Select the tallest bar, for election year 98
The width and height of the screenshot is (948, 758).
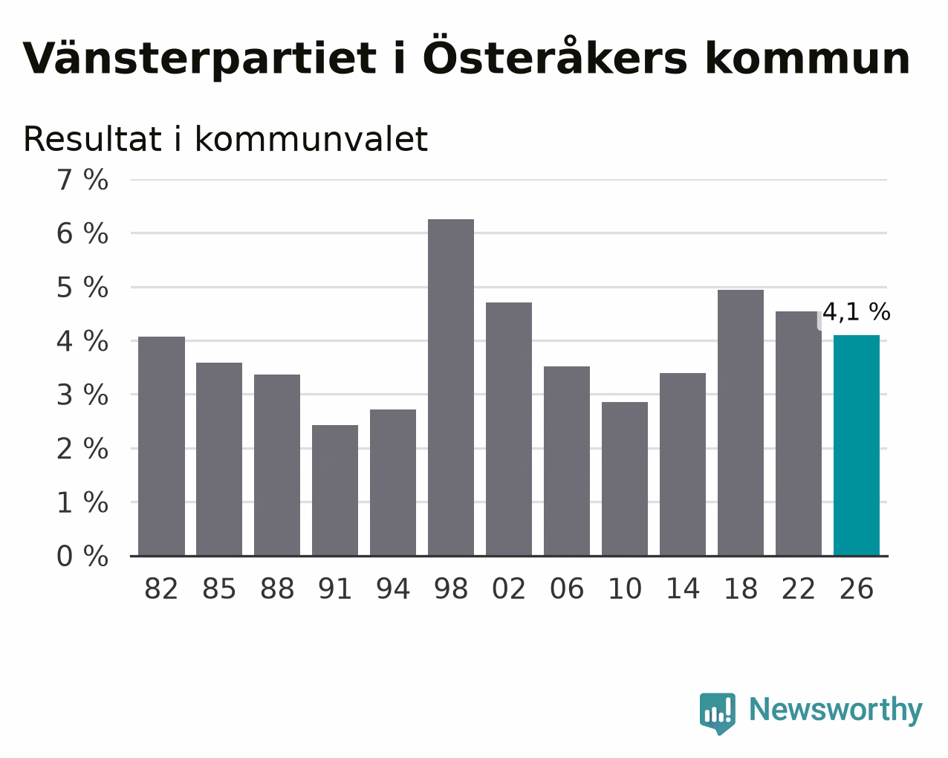[x=451, y=387]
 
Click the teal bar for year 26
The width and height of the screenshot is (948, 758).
[x=857, y=445]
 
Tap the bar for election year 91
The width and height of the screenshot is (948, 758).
[x=335, y=490]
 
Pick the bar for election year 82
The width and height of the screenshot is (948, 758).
[x=161, y=446]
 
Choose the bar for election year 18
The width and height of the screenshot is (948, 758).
[x=741, y=423]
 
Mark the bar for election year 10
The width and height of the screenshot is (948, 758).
[x=625, y=479]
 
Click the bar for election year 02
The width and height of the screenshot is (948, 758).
[x=509, y=429]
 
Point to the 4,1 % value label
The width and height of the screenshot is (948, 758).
[x=857, y=312]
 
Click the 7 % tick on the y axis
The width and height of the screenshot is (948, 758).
[x=82, y=180]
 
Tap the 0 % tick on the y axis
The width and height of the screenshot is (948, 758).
[x=82, y=556]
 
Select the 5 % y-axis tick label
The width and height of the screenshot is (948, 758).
[x=82, y=288]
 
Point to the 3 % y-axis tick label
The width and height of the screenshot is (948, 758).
[x=82, y=395]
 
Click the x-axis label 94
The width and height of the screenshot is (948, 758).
[x=393, y=589]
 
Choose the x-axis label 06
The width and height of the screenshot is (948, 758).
[x=567, y=589]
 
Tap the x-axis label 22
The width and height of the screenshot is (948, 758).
[x=798, y=589]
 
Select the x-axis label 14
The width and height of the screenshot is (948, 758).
[x=682, y=589]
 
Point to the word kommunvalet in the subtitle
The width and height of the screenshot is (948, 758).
[x=311, y=139]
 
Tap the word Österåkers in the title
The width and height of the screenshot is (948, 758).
[x=555, y=55]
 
